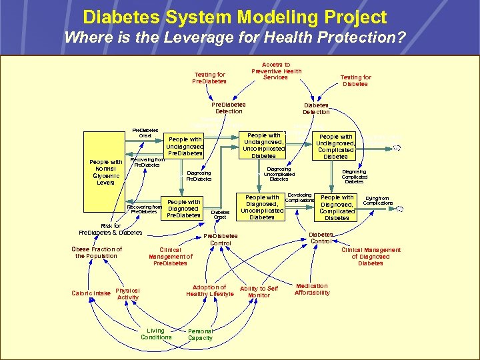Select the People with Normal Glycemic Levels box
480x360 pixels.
pyautogui.click(x=106, y=172)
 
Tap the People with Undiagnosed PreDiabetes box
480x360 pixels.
pyautogui.click(x=185, y=146)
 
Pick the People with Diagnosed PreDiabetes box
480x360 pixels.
pyautogui.click(x=183, y=208)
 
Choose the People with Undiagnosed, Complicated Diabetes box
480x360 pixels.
pyautogui.click(x=335, y=146)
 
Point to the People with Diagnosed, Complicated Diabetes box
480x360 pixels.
pyautogui.click(x=337, y=207)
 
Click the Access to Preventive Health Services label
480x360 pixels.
pyautogui.click(x=276, y=71)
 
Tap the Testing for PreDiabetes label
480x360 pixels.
pyautogui.click(x=209, y=78)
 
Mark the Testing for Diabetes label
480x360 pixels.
pyautogui.click(x=355, y=81)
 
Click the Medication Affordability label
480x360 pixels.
pyautogui.click(x=312, y=289)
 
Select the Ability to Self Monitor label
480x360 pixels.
pyautogui.click(x=259, y=292)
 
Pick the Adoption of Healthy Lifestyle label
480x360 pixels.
pyautogui.click(x=210, y=291)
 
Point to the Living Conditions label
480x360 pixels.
pyautogui.click(x=156, y=334)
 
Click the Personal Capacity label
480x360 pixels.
pyautogui.click(x=201, y=335)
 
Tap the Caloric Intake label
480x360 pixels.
pyautogui.click(x=92, y=293)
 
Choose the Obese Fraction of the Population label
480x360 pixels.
pyautogui.click(x=97, y=253)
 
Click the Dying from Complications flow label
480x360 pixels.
pyautogui.click(x=377, y=201)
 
